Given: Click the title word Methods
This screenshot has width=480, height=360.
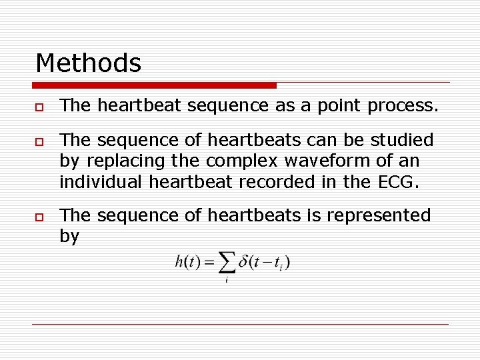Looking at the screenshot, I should click(88, 63).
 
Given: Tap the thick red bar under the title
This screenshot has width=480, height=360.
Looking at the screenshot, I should click(155, 85).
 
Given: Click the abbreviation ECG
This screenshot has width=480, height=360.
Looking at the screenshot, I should click(400, 182).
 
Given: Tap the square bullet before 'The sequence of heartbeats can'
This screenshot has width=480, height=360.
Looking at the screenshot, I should click(39, 141).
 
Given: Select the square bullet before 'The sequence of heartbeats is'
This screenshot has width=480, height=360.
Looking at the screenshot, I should click(39, 217).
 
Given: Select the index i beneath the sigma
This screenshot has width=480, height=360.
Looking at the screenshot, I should click(227, 280).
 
